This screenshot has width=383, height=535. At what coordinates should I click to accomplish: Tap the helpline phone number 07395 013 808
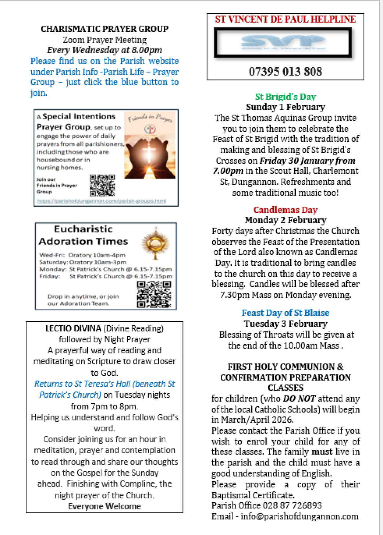pos(285,71)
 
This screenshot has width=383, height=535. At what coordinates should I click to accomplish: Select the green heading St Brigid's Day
pos(285,97)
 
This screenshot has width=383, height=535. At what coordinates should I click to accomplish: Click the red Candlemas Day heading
pos(285,210)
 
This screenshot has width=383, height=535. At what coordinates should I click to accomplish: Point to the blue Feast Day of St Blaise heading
pos(285,313)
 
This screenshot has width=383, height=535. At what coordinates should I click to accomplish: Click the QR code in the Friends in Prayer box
pos(102,185)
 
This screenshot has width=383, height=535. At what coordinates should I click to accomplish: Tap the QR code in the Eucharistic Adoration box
pos(154,294)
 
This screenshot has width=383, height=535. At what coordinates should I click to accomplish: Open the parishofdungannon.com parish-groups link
pos(101,201)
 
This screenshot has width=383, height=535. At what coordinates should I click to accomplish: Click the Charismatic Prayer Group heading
pos(105,29)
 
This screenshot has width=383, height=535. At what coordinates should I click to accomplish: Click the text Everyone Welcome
pos(105,506)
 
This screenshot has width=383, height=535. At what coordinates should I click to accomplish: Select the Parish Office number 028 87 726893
pos(292,505)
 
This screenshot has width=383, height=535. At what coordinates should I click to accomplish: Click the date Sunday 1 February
pos(285,107)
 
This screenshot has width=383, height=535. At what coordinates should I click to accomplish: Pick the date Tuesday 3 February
pos(285,324)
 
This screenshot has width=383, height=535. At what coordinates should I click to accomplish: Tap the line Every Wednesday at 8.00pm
pos(105,50)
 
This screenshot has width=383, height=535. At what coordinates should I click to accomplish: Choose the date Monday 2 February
pos(285,220)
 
